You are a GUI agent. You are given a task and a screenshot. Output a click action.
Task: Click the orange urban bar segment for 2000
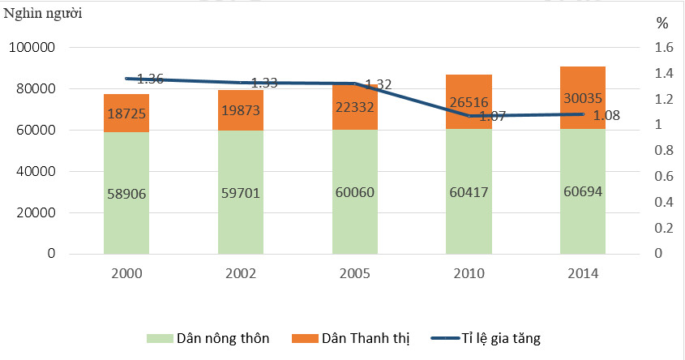click(126, 114)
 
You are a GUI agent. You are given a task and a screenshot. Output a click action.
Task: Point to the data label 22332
click(355, 108)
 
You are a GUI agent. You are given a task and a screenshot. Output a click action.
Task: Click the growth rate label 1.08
click(607, 115)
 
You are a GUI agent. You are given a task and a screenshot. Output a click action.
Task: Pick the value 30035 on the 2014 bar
click(582, 98)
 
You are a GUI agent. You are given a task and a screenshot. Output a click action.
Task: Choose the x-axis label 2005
click(355, 273)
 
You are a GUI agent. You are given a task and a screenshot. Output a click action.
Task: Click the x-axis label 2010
click(469, 273)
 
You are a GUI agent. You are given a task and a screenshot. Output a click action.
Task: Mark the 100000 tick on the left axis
click(32, 48)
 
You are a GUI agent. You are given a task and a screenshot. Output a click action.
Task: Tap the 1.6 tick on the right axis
click(664, 48)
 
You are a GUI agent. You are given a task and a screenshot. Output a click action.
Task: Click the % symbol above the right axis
click(662, 23)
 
